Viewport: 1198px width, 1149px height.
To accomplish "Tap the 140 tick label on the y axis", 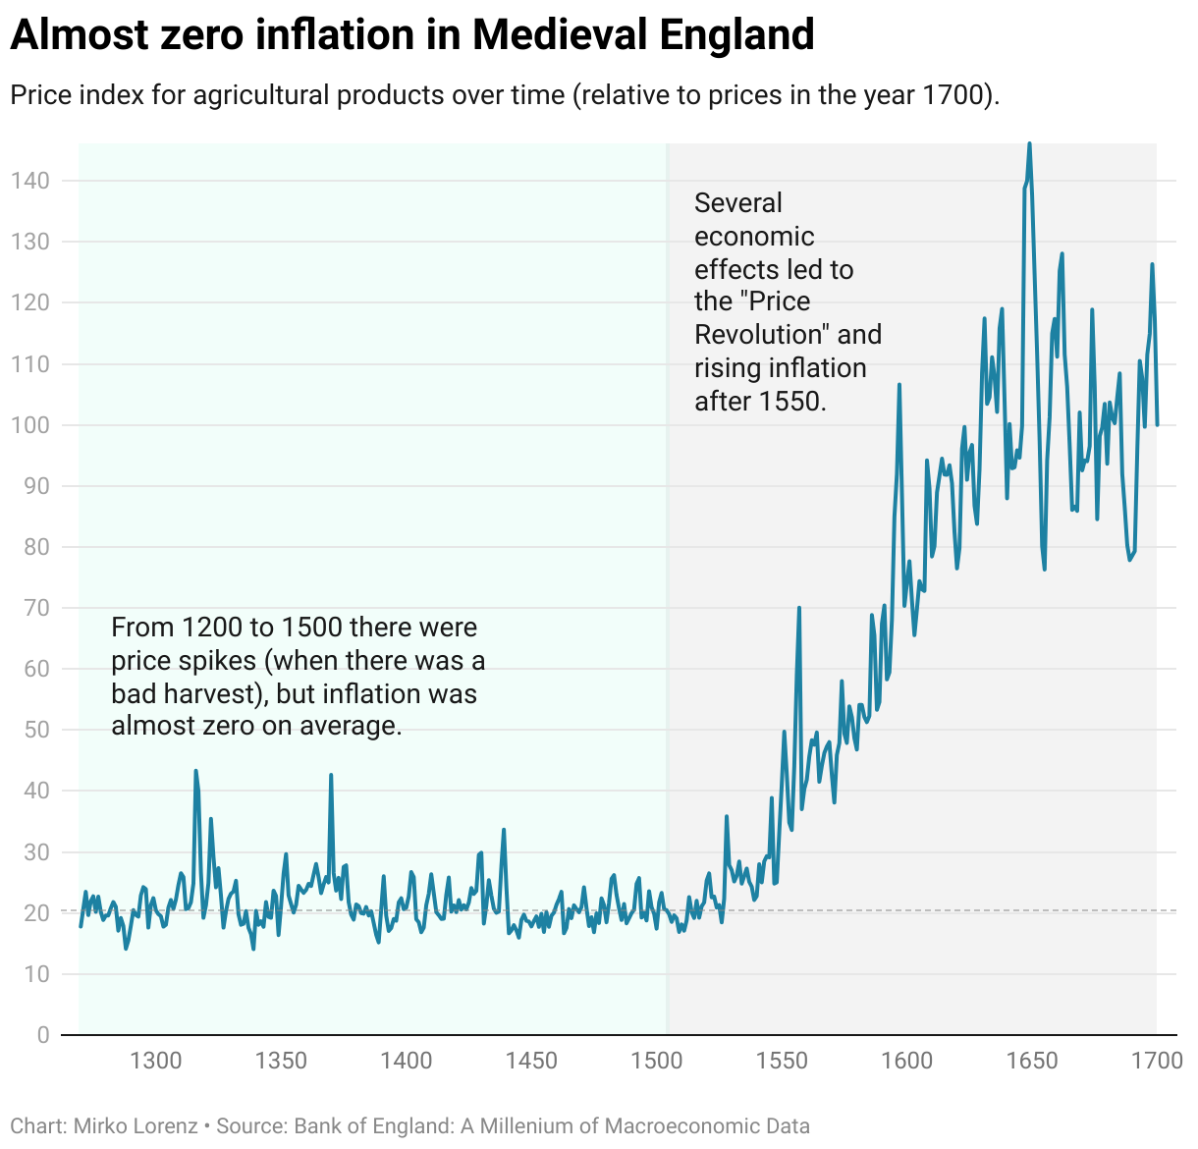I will (29, 181).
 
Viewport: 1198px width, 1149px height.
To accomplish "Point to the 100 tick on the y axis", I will (29, 425).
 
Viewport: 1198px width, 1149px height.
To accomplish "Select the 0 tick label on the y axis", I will (42, 1035).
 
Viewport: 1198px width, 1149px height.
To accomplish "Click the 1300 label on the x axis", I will (156, 1061).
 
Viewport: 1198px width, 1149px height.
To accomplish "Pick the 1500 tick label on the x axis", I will (657, 1061).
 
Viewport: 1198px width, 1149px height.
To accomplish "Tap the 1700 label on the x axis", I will (1157, 1061).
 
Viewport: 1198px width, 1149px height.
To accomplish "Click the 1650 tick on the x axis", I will (1032, 1061).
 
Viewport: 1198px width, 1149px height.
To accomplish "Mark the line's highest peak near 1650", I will (1029, 143).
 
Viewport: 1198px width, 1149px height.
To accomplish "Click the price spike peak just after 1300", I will (195, 771).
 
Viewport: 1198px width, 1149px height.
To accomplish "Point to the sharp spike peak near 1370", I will (331, 775).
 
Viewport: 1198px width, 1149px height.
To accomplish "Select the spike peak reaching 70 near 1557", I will (799, 608).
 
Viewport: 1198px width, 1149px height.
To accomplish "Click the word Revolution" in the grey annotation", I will (762, 335).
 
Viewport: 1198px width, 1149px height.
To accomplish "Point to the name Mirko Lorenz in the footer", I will (136, 1126).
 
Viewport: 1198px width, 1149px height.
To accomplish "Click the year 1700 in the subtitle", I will (953, 95).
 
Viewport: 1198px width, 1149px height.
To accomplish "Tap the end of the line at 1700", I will (1157, 424).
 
